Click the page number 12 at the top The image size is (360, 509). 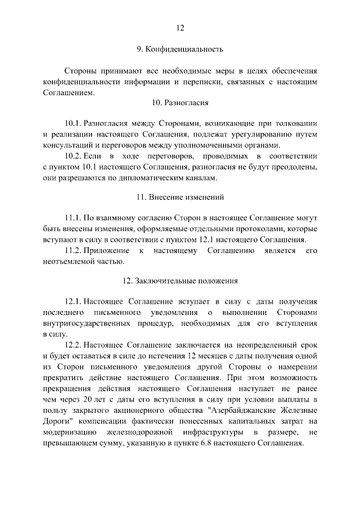click(180, 28)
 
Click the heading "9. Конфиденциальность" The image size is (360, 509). click(180, 49)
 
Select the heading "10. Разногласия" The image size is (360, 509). click(180, 103)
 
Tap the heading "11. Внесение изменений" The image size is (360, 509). click(180, 197)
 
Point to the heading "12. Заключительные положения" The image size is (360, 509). click(180, 280)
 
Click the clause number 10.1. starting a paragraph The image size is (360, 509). click(74, 124)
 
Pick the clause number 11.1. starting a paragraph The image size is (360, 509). click(74, 218)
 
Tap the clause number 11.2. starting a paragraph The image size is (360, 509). click(74, 250)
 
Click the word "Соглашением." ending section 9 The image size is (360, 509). click(66, 92)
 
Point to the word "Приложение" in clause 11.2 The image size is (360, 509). click(110, 250)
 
